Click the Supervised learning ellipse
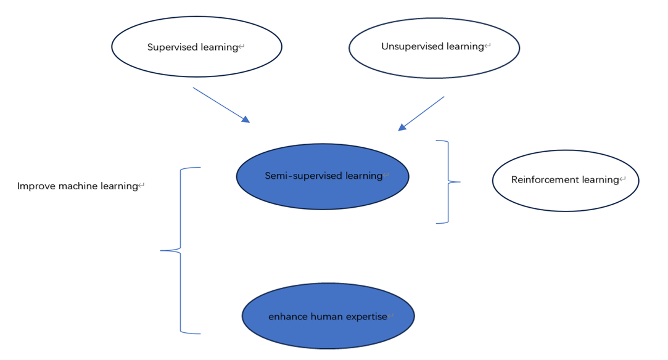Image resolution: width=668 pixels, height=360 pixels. tap(196, 47)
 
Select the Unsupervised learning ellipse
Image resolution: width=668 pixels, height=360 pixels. tap(434, 47)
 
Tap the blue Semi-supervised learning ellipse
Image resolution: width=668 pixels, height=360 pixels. tap(323, 176)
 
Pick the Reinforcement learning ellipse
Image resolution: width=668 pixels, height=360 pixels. tap(565, 181)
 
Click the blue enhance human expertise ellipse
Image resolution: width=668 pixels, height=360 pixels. tap(328, 316)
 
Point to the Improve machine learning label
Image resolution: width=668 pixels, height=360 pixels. tap(78, 186)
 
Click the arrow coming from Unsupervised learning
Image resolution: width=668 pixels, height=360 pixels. tap(422, 113)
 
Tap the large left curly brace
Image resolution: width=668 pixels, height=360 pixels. tap(180, 250)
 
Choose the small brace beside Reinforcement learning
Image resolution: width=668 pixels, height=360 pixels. tap(448, 182)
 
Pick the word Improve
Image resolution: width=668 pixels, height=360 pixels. tap(36, 186)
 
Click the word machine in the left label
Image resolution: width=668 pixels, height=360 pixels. tap(78, 186)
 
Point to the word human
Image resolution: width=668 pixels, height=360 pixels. tap(324, 317)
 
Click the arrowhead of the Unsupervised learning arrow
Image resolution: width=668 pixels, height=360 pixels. tap(402, 127)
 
